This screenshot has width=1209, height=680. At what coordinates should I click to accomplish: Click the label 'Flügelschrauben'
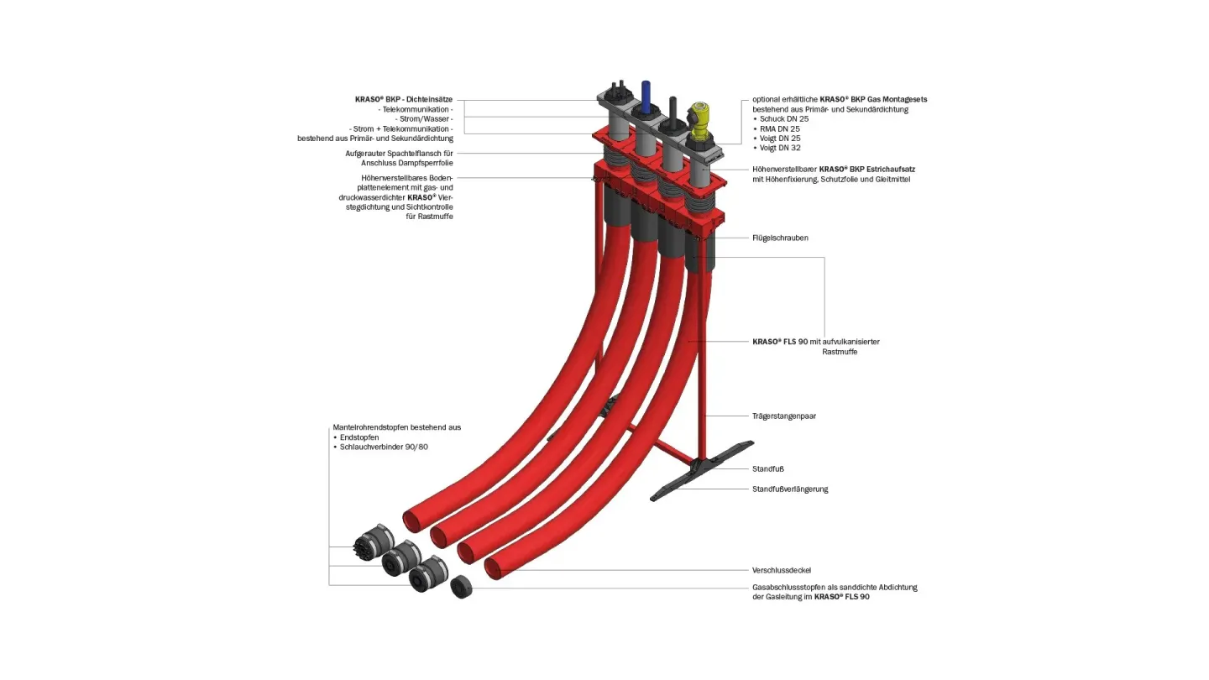(x=779, y=238)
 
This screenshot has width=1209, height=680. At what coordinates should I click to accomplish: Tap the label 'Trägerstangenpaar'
(x=784, y=416)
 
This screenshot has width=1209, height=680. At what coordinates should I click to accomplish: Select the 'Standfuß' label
(x=767, y=468)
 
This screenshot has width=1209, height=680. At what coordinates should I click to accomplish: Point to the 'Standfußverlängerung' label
(x=789, y=489)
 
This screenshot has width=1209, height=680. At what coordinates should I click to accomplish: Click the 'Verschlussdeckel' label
(x=781, y=571)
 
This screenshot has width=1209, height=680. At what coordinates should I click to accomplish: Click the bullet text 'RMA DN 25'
(x=779, y=128)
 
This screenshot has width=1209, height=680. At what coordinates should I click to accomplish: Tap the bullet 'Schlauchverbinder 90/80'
(x=383, y=447)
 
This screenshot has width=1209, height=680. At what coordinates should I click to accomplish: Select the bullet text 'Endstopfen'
(x=361, y=437)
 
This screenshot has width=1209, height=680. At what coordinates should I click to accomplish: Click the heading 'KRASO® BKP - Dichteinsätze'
(x=404, y=99)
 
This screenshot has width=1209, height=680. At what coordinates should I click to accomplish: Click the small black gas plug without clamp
(x=461, y=587)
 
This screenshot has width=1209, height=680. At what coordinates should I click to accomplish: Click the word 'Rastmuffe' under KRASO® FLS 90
(x=839, y=352)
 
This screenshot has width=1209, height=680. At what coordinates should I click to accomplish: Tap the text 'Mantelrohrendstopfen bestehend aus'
(x=396, y=427)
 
